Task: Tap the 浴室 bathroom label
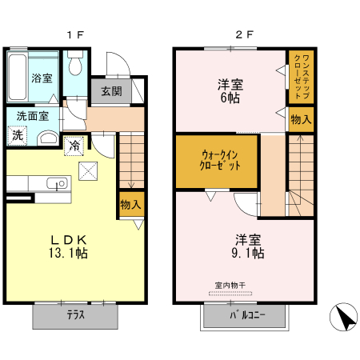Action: pyautogui.click(x=42, y=78)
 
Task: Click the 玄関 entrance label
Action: pyautogui.click(x=111, y=91)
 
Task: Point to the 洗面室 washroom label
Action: pyautogui.click(x=33, y=116)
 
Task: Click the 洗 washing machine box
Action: pyautogui.click(x=18, y=136)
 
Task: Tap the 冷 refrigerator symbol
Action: pyautogui.click(x=74, y=146)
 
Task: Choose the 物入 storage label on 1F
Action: pyautogui.click(x=130, y=205)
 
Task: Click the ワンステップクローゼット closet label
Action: pyautogui.click(x=301, y=76)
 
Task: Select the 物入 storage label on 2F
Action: pyautogui.click(x=301, y=120)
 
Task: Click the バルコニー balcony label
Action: pyautogui.click(x=243, y=316)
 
